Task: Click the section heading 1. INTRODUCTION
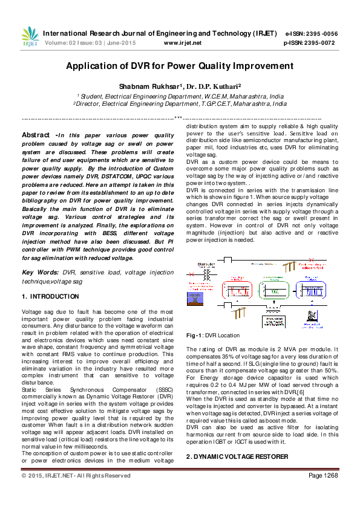tap(50, 297)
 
